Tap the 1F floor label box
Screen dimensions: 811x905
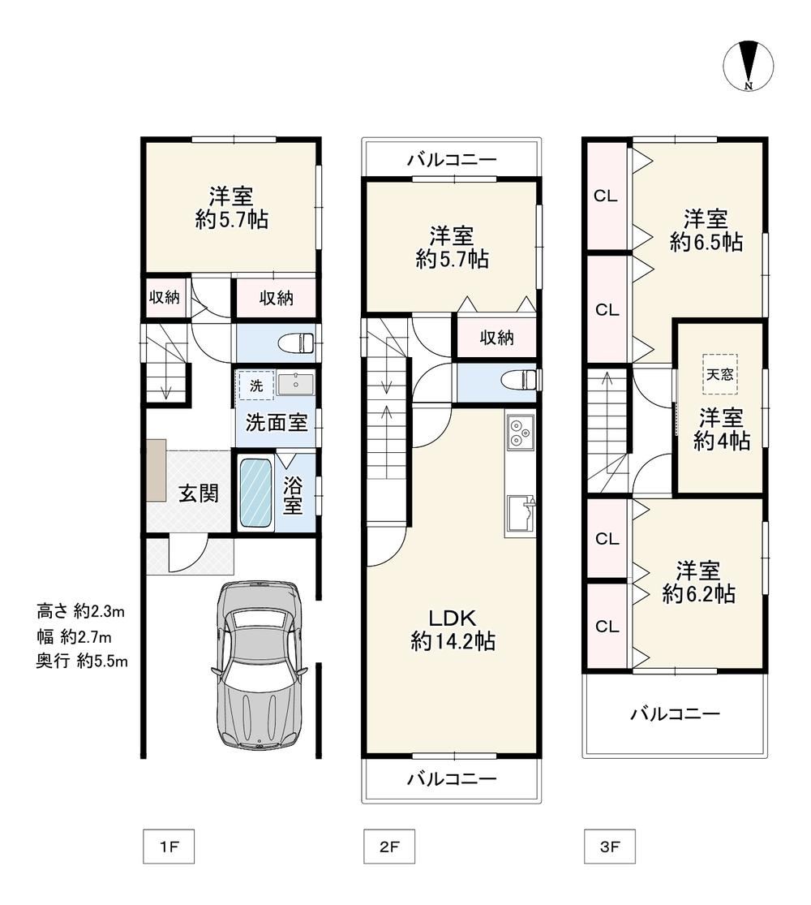click(169, 846)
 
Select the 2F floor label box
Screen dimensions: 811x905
click(389, 846)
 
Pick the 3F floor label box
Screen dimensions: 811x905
click(610, 846)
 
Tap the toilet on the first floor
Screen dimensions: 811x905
click(296, 343)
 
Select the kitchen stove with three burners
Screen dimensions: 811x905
click(521, 433)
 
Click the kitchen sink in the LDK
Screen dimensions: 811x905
click(521, 513)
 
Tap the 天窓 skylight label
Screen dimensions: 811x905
click(720, 374)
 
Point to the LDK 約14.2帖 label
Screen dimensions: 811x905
click(453, 630)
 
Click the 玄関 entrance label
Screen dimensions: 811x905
click(198, 493)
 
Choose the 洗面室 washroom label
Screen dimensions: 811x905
click(277, 423)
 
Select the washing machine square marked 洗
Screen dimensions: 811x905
click(256, 385)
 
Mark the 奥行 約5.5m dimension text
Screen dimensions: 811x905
click(82, 661)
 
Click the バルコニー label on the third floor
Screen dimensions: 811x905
click(675, 714)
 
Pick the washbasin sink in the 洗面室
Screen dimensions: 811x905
click(295, 384)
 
